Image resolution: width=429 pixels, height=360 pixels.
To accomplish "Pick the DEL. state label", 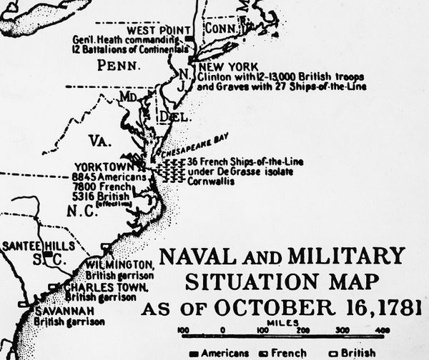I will pyautogui.click(x=169, y=116).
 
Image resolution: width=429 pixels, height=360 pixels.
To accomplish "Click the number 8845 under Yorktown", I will pyautogui.click(x=85, y=176).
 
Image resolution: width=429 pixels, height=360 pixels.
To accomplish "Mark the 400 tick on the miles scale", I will pyautogui.click(x=383, y=330).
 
